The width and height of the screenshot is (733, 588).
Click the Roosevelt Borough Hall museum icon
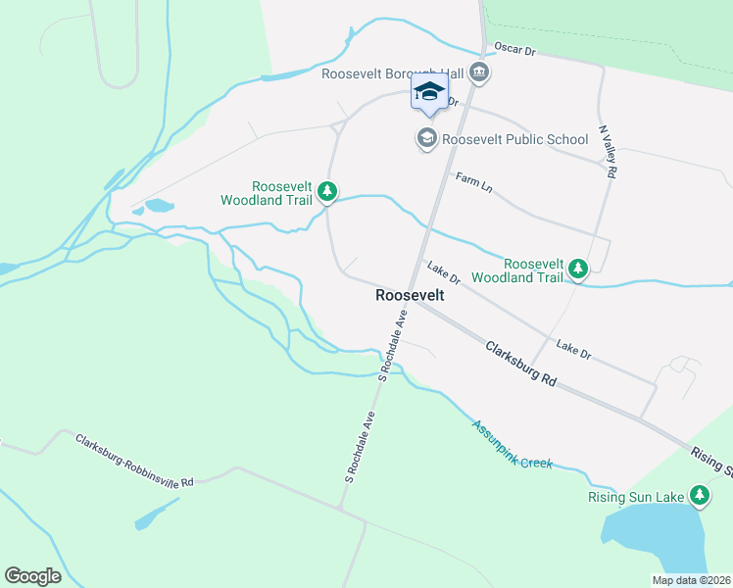pos(479,72)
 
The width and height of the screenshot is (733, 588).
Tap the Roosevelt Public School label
pos(514,139)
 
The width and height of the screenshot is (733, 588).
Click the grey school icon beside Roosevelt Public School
pos(426,139)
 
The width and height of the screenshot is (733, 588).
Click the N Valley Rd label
pos(609,154)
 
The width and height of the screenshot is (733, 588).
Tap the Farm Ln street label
pos(474,183)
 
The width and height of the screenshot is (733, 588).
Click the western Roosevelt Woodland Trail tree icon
pos(329,193)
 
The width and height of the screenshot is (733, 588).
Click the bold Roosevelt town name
pos(410,295)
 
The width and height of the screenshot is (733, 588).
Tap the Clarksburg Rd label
pos(519,362)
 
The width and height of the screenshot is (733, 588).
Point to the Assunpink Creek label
pos(512,444)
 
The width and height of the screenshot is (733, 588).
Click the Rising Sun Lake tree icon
pos(699,497)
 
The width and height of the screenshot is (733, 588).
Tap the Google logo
pos(32,576)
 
